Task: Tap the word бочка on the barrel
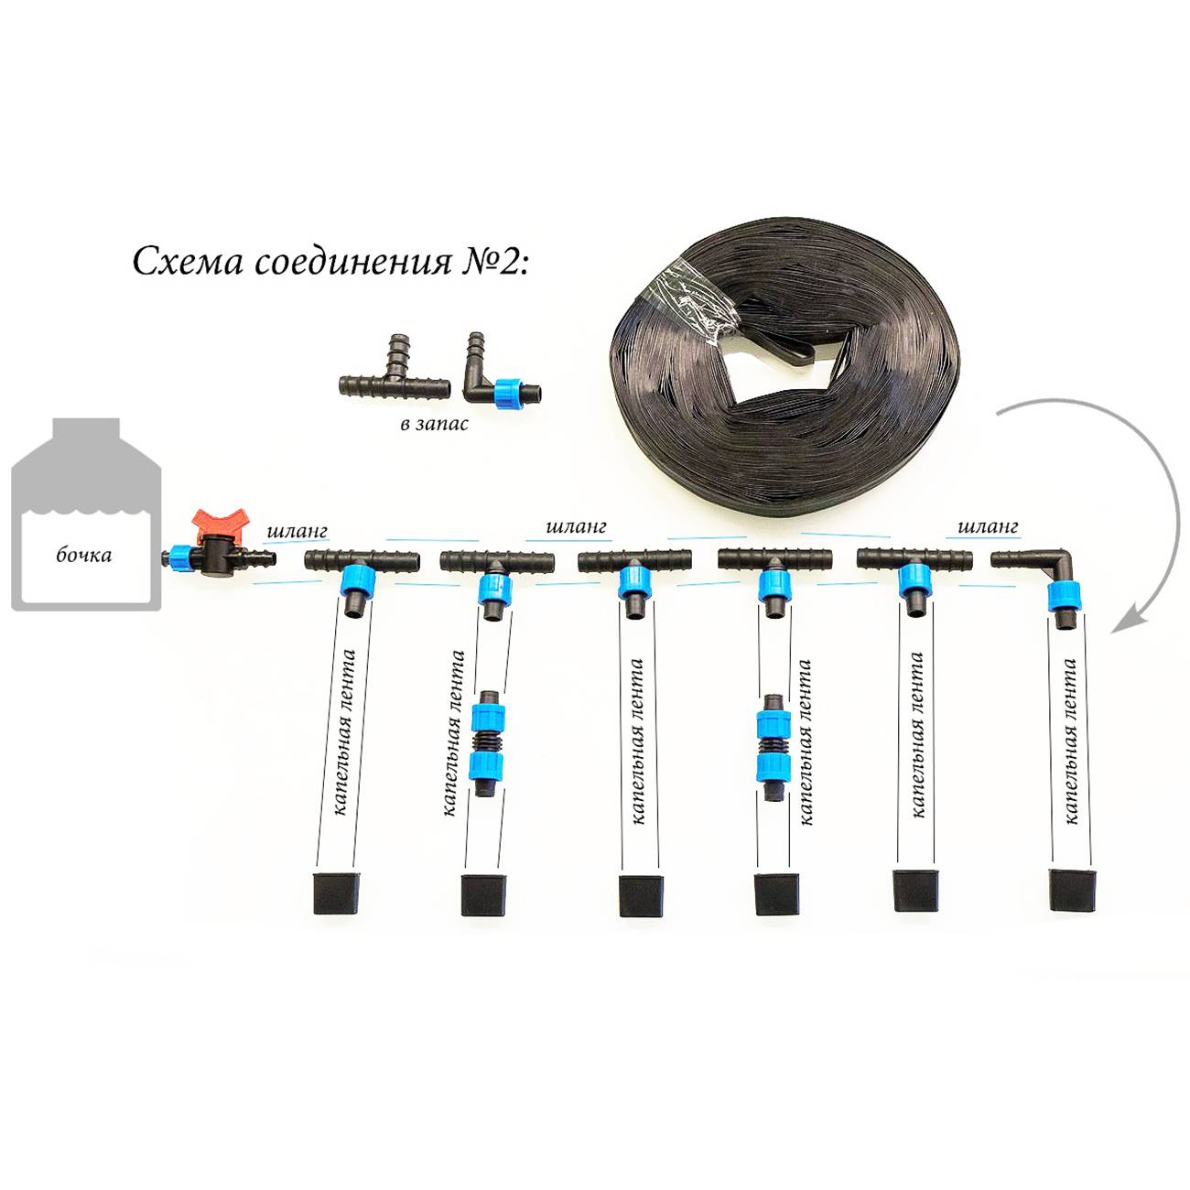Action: coord(84,555)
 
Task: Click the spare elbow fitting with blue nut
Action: coord(499,383)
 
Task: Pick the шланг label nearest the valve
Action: coord(297,530)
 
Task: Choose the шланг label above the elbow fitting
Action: coord(988,527)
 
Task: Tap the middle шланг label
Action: coord(575,527)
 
